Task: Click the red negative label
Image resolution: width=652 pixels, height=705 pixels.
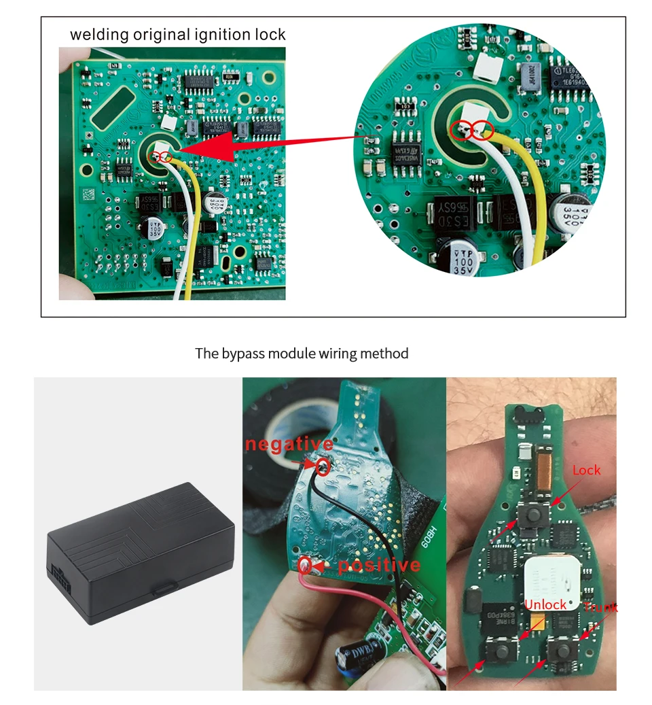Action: point(289,445)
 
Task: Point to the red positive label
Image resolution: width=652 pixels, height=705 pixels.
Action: point(379,565)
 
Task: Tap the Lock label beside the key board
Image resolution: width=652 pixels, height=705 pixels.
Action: point(586,470)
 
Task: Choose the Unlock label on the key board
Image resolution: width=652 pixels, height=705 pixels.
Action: point(545,604)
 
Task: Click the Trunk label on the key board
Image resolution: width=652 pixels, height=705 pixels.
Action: point(600,607)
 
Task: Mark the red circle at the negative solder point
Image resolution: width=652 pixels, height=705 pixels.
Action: point(323,466)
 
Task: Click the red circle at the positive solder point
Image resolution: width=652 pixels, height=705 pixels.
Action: point(306,564)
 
